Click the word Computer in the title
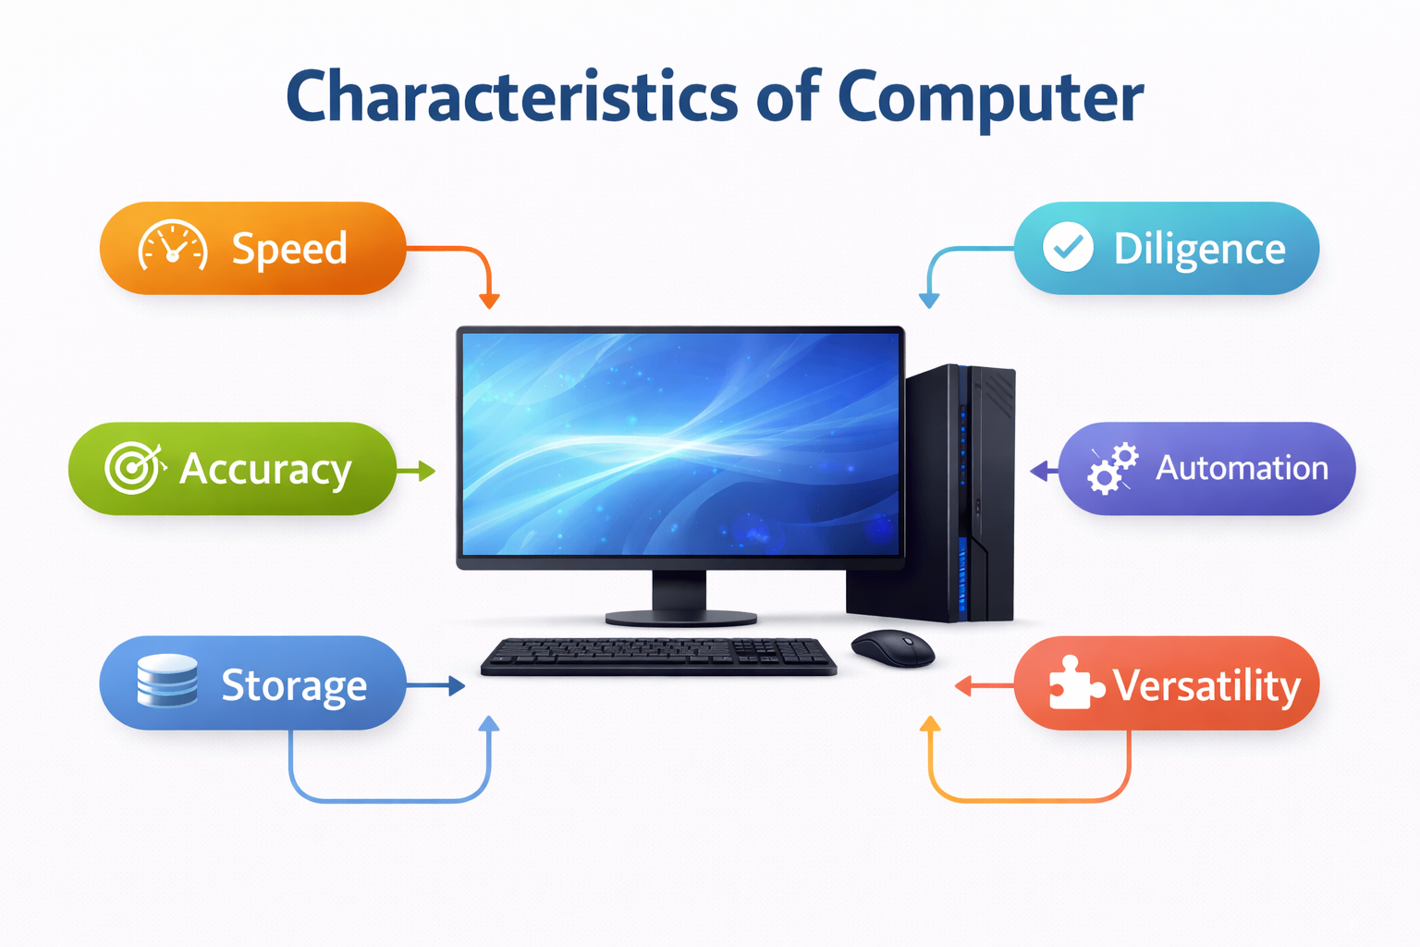[990, 98]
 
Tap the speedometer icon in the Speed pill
[173, 247]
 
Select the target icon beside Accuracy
[134, 467]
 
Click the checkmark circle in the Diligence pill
[1068, 247]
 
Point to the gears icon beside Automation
[1112, 468]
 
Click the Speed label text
[289, 250]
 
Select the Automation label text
[1242, 468]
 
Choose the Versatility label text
[1206, 686]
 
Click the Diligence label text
[1199, 250]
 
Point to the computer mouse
[892, 646]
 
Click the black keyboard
[658, 656]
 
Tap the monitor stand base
[680, 617]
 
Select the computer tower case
[961, 495]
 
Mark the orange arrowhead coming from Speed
[489, 301]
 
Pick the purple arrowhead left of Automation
[1039, 471]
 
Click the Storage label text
[294, 686]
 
